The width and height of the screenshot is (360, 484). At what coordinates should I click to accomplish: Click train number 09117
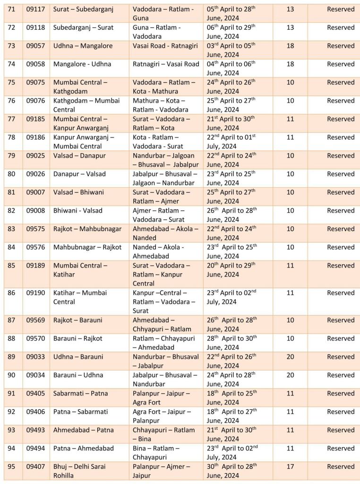click(x=35, y=9)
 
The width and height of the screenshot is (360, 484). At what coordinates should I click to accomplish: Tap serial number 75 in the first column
click(x=11, y=82)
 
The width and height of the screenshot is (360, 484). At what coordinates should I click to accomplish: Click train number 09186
click(x=35, y=137)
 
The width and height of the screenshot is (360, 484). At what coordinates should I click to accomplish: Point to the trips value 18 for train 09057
click(x=290, y=46)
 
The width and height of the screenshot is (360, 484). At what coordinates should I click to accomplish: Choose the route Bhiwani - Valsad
click(x=77, y=210)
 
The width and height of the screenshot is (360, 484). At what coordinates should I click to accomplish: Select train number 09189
click(x=35, y=265)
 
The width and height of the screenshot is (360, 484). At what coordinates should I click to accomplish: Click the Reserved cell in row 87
click(x=341, y=320)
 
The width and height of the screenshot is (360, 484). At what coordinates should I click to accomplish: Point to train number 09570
click(x=35, y=338)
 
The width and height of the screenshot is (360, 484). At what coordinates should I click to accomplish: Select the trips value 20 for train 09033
click(x=290, y=357)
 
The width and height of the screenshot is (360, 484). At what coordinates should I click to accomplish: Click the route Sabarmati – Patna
click(x=80, y=393)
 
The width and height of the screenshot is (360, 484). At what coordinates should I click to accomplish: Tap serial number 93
click(x=11, y=430)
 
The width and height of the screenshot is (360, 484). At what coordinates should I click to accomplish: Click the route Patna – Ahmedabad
click(x=83, y=448)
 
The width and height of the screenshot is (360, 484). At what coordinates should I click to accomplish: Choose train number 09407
click(x=35, y=467)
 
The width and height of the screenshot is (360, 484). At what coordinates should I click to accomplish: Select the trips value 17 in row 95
click(x=290, y=467)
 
